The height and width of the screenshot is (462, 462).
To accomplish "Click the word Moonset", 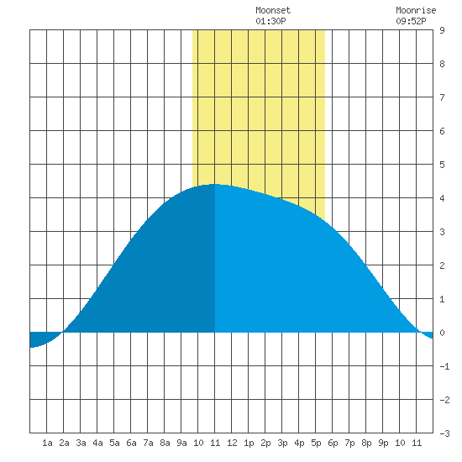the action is [x=273, y=10].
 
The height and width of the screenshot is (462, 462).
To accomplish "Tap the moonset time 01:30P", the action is [x=270, y=21].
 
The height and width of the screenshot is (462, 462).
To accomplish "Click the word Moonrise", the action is [x=416, y=10].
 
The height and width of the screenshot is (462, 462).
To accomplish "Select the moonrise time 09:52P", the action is [x=411, y=21].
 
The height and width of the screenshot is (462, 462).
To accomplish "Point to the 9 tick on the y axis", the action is [x=442, y=30].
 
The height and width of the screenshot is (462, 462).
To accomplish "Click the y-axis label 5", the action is [x=442, y=165].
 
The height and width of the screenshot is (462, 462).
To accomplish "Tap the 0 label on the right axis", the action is [x=442, y=333].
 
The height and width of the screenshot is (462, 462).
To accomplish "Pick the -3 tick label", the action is [x=444, y=433].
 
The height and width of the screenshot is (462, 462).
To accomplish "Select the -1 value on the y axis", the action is [x=444, y=366].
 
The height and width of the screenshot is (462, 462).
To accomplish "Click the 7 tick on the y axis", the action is [x=442, y=97].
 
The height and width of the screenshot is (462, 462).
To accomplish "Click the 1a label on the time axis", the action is [x=47, y=443].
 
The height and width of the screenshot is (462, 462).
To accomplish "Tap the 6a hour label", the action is [x=131, y=443].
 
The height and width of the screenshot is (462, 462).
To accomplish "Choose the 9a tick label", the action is [x=181, y=443].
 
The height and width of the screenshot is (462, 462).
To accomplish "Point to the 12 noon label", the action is [x=232, y=443].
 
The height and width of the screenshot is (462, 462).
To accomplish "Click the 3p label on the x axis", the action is [x=282, y=443].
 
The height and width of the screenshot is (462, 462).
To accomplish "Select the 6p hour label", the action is [x=333, y=443].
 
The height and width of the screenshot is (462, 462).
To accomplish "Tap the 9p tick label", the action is [x=383, y=443].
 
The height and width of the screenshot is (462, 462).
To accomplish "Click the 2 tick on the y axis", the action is [x=442, y=265].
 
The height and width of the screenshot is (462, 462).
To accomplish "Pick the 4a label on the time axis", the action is [x=97, y=443].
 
